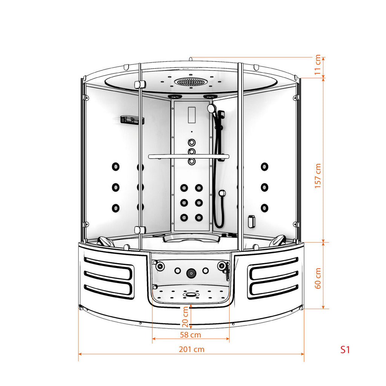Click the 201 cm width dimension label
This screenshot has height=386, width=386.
pyautogui.click(x=191, y=349)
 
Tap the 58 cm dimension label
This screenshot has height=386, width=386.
pyautogui.click(x=190, y=335)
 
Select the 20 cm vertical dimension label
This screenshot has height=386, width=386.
pyautogui.click(x=185, y=317)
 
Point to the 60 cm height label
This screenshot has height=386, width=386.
pyautogui.click(x=318, y=278)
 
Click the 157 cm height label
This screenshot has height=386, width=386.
pyautogui.click(x=318, y=176)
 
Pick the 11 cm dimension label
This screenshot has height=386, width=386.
pyautogui.click(x=317, y=64)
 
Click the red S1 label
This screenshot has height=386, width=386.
pyautogui.click(x=345, y=349)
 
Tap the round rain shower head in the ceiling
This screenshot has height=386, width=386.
pyautogui.click(x=190, y=82)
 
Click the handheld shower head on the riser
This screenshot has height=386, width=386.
pyautogui.click(x=212, y=108)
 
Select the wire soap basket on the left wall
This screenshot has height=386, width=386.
pyautogui.click(x=132, y=120)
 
